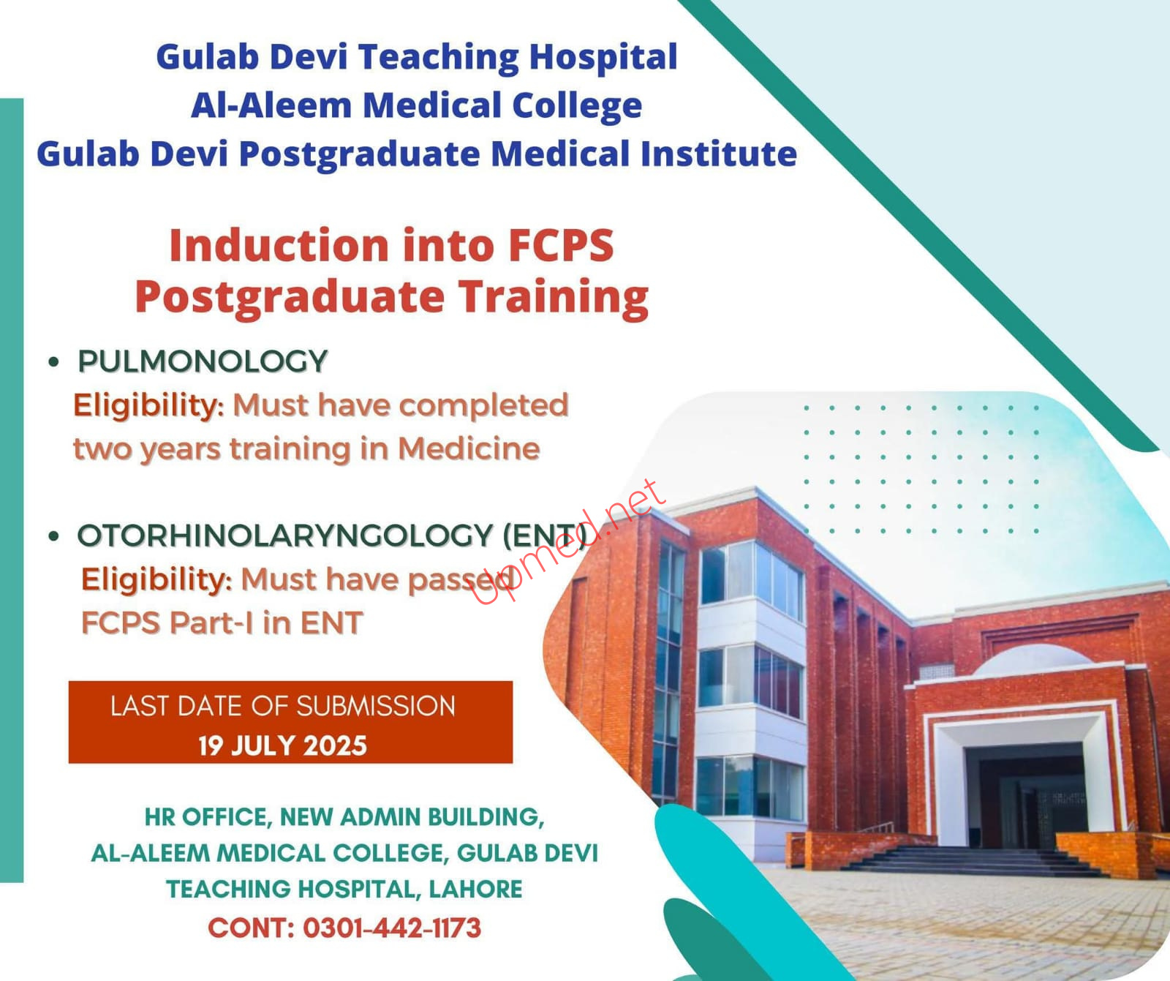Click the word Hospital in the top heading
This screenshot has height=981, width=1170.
click(x=603, y=58)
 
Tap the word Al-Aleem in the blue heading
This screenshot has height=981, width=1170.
click(x=271, y=105)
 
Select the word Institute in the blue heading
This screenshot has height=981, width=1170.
click(x=719, y=154)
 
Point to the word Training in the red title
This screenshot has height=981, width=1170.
click(x=554, y=298)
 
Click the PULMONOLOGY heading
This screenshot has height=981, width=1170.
click(x=203, y=361)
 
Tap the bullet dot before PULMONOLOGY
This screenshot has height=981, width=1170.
click(x=53, y=361)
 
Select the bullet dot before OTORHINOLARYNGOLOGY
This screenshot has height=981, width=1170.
click(x=53, y=535)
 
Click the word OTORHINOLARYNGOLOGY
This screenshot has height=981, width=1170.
click(x=285, y=535)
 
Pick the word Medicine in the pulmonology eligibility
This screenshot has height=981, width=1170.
click(x=469, y=448)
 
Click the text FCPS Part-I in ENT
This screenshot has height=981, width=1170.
click(x=222, y=623)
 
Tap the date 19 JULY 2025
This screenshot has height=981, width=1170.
click(x=282, y=745)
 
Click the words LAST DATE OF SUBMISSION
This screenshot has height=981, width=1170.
click(x=283, y=706)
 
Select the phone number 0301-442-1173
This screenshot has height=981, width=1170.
click(x=392, y=928)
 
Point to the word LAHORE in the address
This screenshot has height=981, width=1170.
click(x=475, y=889)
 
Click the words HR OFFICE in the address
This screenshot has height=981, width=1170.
click(x=208, y=817)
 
